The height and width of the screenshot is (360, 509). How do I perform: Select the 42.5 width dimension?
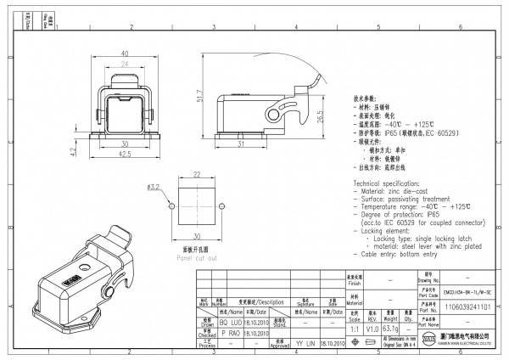tap(123, 155)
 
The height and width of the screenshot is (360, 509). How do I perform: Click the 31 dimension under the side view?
tap(242, 143)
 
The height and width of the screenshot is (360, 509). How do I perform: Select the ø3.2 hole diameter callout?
tap(154, 186)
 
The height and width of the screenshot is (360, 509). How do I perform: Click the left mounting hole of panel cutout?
tap(171, 207)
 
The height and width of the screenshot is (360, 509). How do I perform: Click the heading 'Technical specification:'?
tap(391, 183)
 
